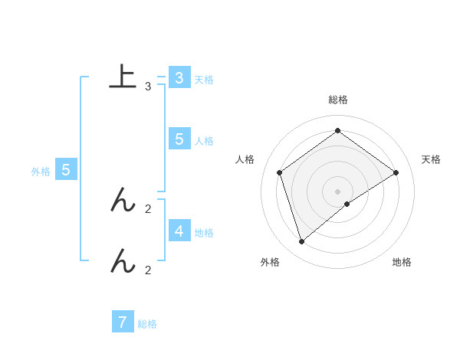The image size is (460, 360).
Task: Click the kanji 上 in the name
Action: (123, 77)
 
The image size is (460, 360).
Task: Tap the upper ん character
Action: (123, 201)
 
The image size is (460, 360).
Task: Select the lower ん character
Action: (123, 262)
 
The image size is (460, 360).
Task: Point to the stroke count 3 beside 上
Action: (147, 87)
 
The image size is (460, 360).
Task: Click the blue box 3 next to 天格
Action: (179, 78)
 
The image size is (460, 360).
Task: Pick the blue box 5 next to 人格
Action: (179, 139)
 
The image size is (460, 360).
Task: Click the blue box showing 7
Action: (123, 322)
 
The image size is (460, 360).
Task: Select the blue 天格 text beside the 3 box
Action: (203, 80)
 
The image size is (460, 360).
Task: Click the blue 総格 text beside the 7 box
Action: (147, 324)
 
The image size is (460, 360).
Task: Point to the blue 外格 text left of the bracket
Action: (41, 172)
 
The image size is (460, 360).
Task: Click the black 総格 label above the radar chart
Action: (338, 100)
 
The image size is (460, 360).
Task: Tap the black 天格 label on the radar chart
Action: (432, 159)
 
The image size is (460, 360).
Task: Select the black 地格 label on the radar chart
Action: (402, 262)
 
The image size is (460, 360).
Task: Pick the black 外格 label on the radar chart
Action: (270, 262)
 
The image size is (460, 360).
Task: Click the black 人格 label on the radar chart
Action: (245, 159)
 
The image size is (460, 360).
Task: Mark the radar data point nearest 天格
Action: (396, 172)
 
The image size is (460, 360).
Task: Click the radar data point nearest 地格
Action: (347, 204)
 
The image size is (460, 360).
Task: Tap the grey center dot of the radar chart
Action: (337, 191)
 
